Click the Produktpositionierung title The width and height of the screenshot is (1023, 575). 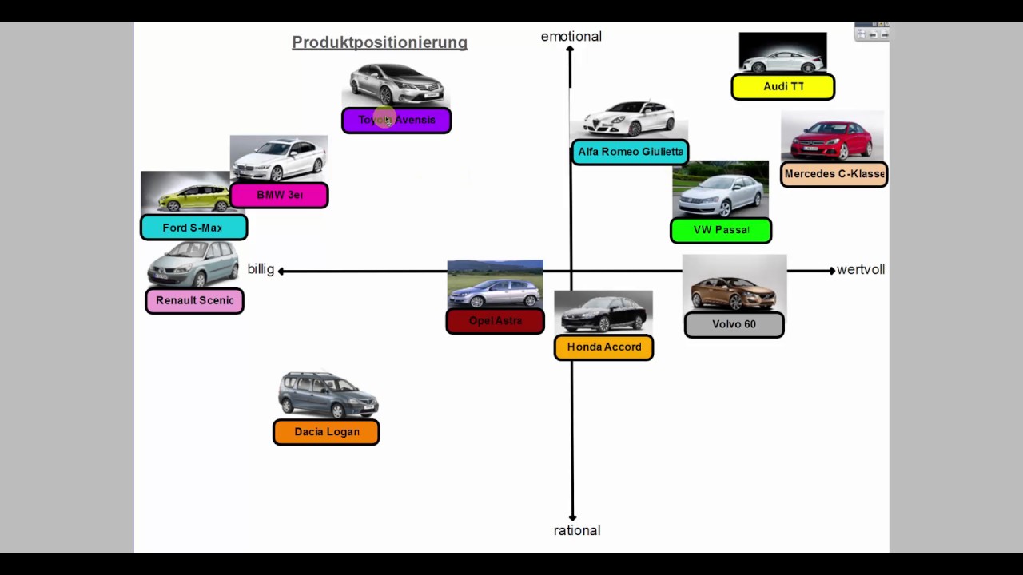[x=380, y=42]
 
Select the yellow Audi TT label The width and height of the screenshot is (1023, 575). [x=782, y=87]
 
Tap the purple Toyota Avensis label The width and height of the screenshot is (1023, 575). [x=396, y=121]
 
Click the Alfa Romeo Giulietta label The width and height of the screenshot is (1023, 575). [x=630, y=152]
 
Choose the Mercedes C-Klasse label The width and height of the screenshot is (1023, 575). [x=834, y=174]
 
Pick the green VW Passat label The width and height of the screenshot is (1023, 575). [x=721, y=231]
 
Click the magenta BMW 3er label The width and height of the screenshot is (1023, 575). [x=279, y=196]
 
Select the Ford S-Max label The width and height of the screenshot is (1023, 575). [x=193, y=228]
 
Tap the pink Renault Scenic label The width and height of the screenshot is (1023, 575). [x=194, y=301]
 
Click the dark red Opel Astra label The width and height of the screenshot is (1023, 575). [x=495, y=321]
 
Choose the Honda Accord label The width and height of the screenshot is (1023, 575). [x=603, y=347]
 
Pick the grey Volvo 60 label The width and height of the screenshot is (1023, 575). [x=734, y=324]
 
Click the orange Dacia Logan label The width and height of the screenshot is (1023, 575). [x=326, y=432]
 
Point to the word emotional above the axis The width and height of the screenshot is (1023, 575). [x=571, y=37]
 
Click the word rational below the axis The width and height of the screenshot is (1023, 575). [x=577, y=531]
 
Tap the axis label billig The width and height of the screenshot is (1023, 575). [x=261, y=269]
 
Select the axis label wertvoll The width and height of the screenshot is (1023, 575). [x=861, y=270]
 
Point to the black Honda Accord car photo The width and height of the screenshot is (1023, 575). [x=603, y=314]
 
